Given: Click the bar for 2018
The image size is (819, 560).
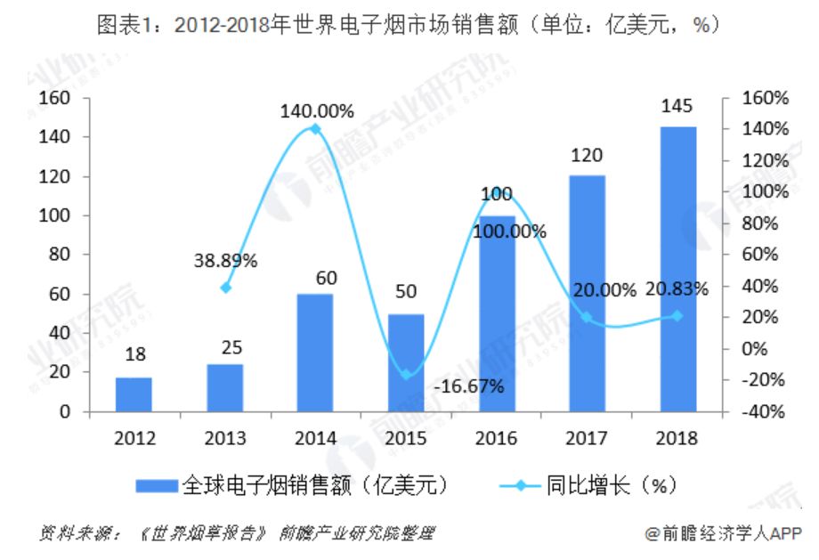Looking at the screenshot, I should tap(677, 269).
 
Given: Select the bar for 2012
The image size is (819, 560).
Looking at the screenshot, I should tap(134, 394).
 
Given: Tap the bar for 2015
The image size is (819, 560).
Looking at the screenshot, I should tap(406, 362).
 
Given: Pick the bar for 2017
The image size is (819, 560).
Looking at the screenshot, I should tap(587, 294).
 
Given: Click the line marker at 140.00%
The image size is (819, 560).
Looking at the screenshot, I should tap(315, 129).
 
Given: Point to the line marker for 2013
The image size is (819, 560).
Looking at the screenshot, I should tap(225, 288).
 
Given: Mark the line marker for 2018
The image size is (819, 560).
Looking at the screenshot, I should tap(677, 315).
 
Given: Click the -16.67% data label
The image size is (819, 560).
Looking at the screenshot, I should tap(470, 386).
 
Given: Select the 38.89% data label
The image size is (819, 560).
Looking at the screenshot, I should tap(225, 262).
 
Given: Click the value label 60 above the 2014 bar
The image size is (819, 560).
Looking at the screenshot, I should tap(327, 278).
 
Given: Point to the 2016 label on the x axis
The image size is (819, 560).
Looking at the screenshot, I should tap(496, 437).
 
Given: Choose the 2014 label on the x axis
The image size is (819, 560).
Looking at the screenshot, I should tap(315, 437).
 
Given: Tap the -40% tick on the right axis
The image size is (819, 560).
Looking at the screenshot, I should tap(766, 411).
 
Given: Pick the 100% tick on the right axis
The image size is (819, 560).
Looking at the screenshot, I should tap(766, 191).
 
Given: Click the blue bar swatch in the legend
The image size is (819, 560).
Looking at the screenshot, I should tap(158, 486).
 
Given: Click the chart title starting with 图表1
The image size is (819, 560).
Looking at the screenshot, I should tap(409, 27).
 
